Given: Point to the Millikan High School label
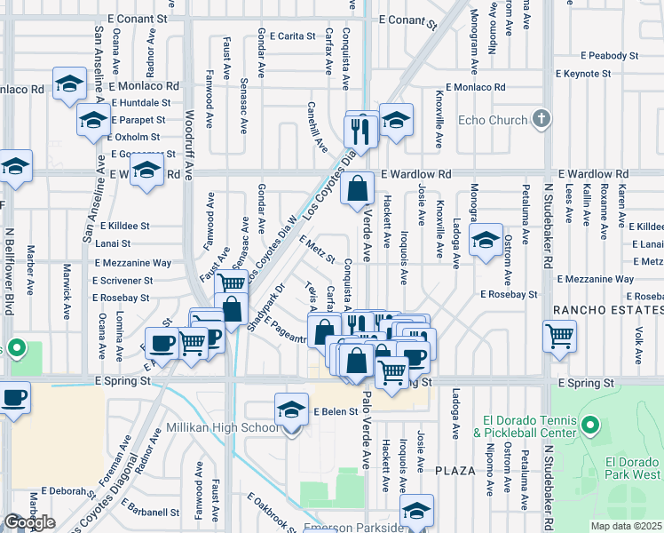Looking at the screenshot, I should pyautogui.click(x=223, y=428).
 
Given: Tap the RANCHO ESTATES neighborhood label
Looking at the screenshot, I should pyautogui.click(x=607, y=310).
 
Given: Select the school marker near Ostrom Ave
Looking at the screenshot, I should pyautogui.click(x=486, y=241).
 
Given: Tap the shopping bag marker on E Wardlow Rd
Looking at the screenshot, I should pyautogui.click(x=356, y=188).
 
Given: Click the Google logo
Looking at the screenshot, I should pyautogui.click(x=29, y=521).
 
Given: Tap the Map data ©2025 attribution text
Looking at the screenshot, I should pyautogui.click(x=624, y=526).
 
